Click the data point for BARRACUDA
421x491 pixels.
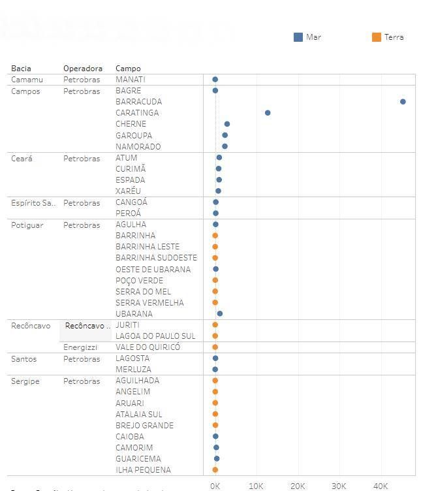pos(403,102)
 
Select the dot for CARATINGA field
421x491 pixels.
pos(268,113)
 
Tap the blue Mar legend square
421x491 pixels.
pos(298,37)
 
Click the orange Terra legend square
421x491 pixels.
pos(377,37)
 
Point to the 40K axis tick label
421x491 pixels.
pos(380,486)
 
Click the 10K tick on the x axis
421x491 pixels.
pos(256,486)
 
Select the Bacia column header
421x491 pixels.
pos(21,69)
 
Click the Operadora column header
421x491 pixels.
pos(83,69)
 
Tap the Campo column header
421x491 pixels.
pos(128,69)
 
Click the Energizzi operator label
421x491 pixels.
pos(80,347)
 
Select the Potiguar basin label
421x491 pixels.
pos(27,225)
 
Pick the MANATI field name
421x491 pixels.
pos(130,80)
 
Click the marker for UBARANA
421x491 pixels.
pos(220,314)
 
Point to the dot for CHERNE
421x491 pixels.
pos(227,124)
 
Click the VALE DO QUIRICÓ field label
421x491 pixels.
pos(148,347)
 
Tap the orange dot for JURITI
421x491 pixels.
pos(215,325)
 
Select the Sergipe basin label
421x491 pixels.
pos(25,381)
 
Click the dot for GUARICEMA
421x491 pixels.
pos(217,459)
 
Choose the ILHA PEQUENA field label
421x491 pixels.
pos(143,470)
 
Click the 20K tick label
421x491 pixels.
pos(298,486)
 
